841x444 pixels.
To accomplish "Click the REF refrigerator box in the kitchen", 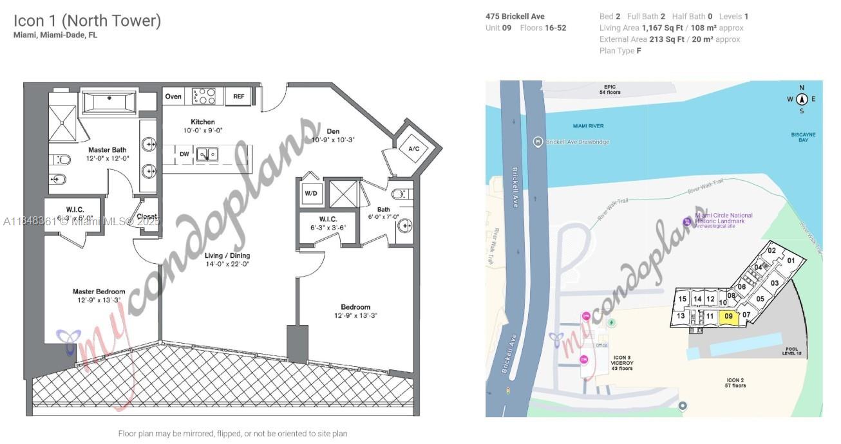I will (x=239, y=97).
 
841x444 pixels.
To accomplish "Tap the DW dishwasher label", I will (x=184, y=154).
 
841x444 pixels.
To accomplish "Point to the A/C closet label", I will (x=413, y=149).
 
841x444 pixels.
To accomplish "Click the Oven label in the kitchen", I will (x=173, y=97).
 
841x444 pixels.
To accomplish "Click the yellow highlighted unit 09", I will (x=728, y=316).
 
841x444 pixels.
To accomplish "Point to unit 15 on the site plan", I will (x=682, y=299).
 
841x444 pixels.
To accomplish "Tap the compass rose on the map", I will (x=802, y=98).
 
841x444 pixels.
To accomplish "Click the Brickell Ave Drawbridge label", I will (x=576, y=142).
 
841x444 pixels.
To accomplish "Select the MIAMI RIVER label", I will (x=588, y=125).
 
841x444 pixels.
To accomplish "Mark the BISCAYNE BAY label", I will (x=803, y=138).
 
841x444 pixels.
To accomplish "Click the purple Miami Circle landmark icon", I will (x=687, y=222).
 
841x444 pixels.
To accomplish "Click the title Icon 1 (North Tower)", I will (x=87, y=21).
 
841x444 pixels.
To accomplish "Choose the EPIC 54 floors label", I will (x=610, y=89).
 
